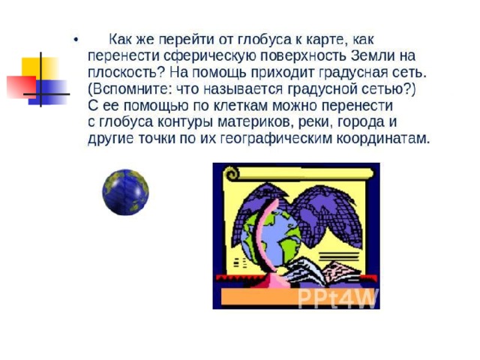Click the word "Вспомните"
pos(129,89)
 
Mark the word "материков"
pos(252,122)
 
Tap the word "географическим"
pos(277,139)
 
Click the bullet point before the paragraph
pos(76,40)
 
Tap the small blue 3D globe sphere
pos(125,192)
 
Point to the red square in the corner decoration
pos(21,87)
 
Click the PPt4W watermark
pos(337,298)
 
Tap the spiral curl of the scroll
pos(232,174)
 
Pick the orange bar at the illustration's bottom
pos(259,296)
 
